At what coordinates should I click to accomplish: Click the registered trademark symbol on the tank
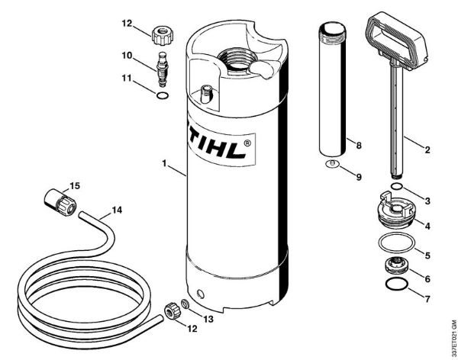point(250,141)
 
